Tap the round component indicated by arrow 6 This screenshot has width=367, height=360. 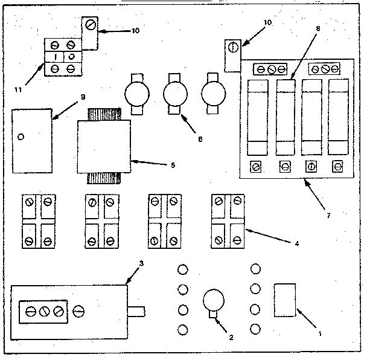(176, 94)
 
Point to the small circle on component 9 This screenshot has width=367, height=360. (22, 137)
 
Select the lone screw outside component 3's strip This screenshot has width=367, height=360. (78, 312)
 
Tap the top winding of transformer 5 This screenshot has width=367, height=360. (104, 114)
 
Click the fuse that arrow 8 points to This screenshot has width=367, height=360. (286, 118)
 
